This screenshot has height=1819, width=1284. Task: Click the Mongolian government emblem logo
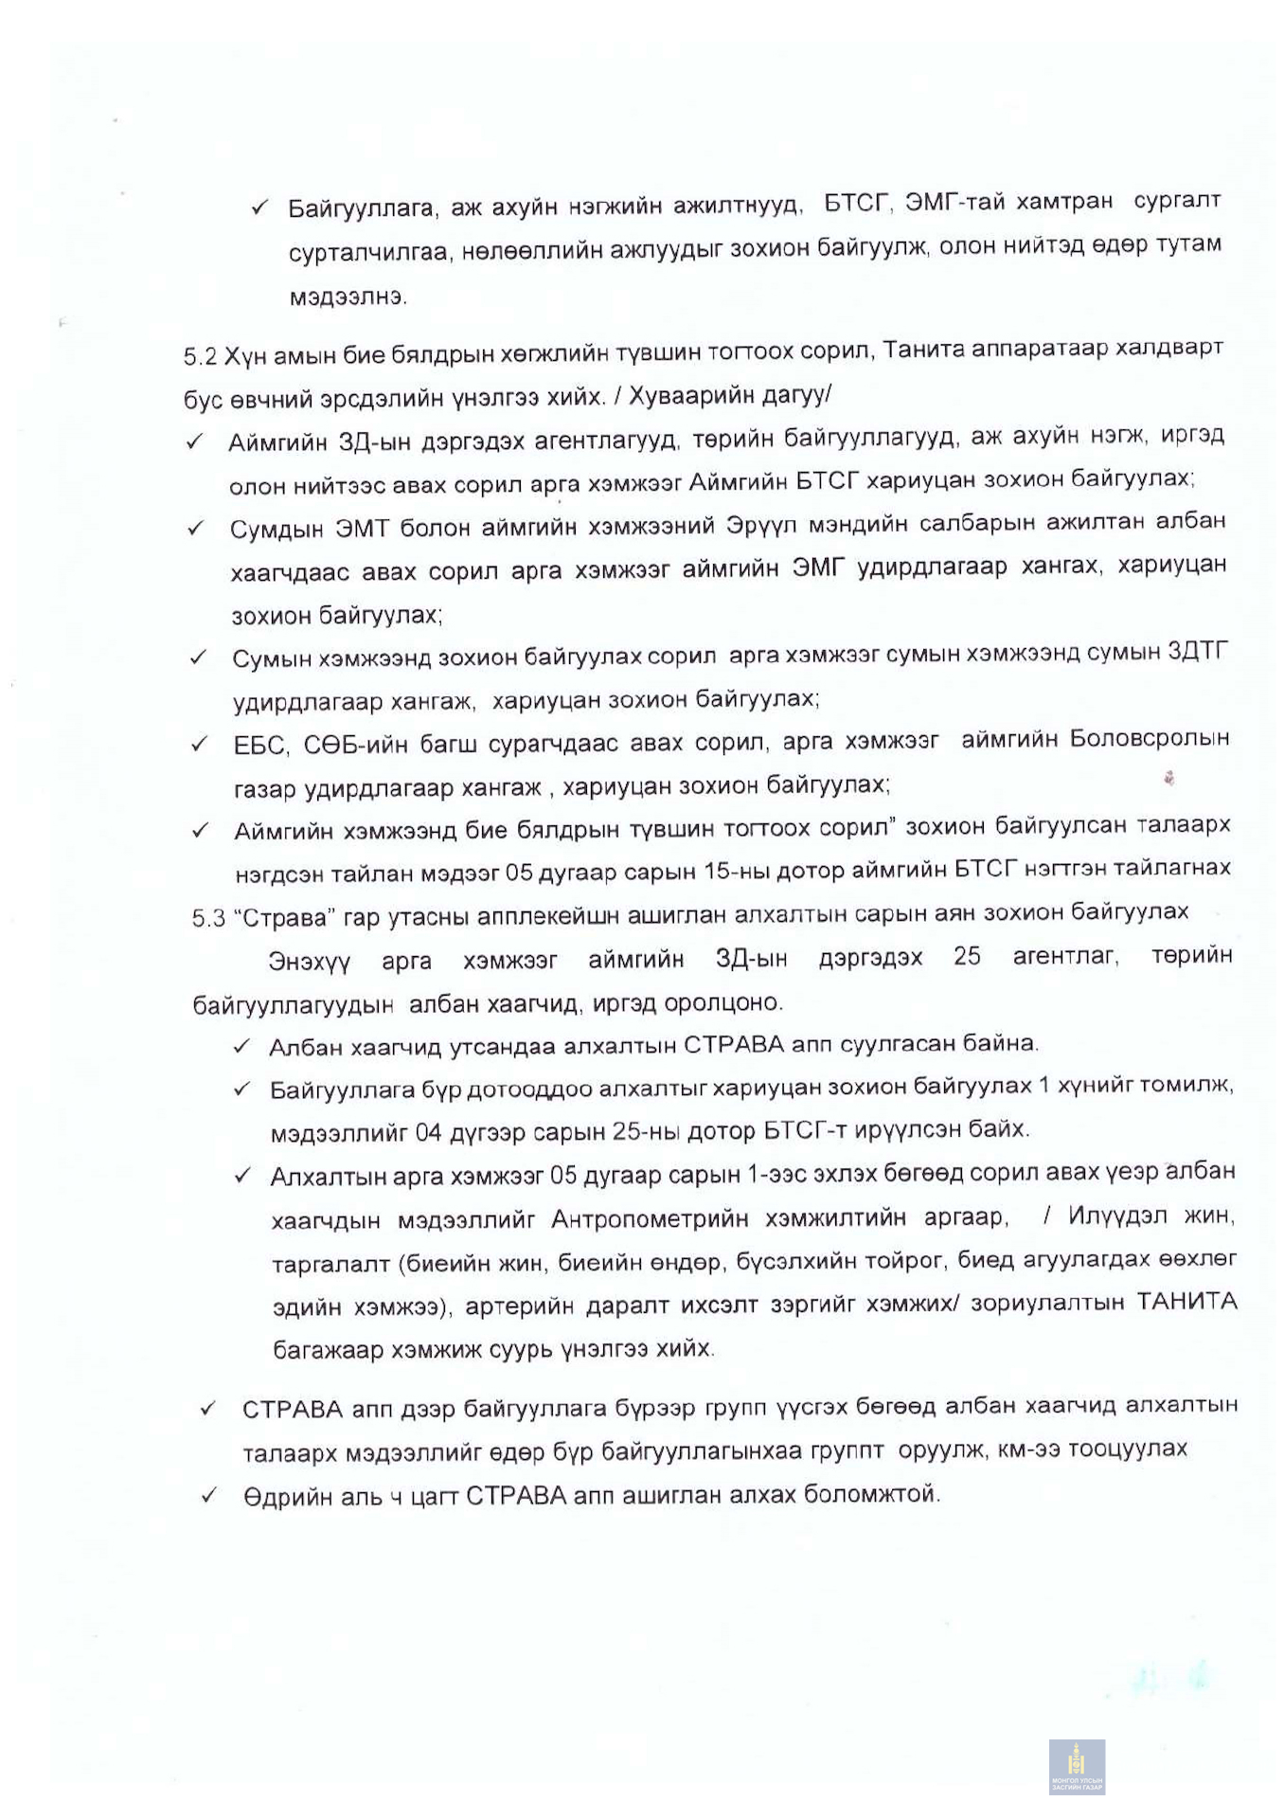(x=1077, y=1766)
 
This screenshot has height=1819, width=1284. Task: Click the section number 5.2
(x=200, y=356)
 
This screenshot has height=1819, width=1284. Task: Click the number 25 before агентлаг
(x=967, y=956)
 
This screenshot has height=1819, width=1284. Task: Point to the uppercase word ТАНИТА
(x=1186, y=1301)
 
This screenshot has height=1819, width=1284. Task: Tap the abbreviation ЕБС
(x=259, y=745)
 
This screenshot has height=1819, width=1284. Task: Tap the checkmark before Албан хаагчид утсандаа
(x=241, y=1045)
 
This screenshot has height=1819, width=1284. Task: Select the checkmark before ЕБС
(x=200, y=745)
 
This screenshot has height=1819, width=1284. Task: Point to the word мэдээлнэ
(x=348, y=297)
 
